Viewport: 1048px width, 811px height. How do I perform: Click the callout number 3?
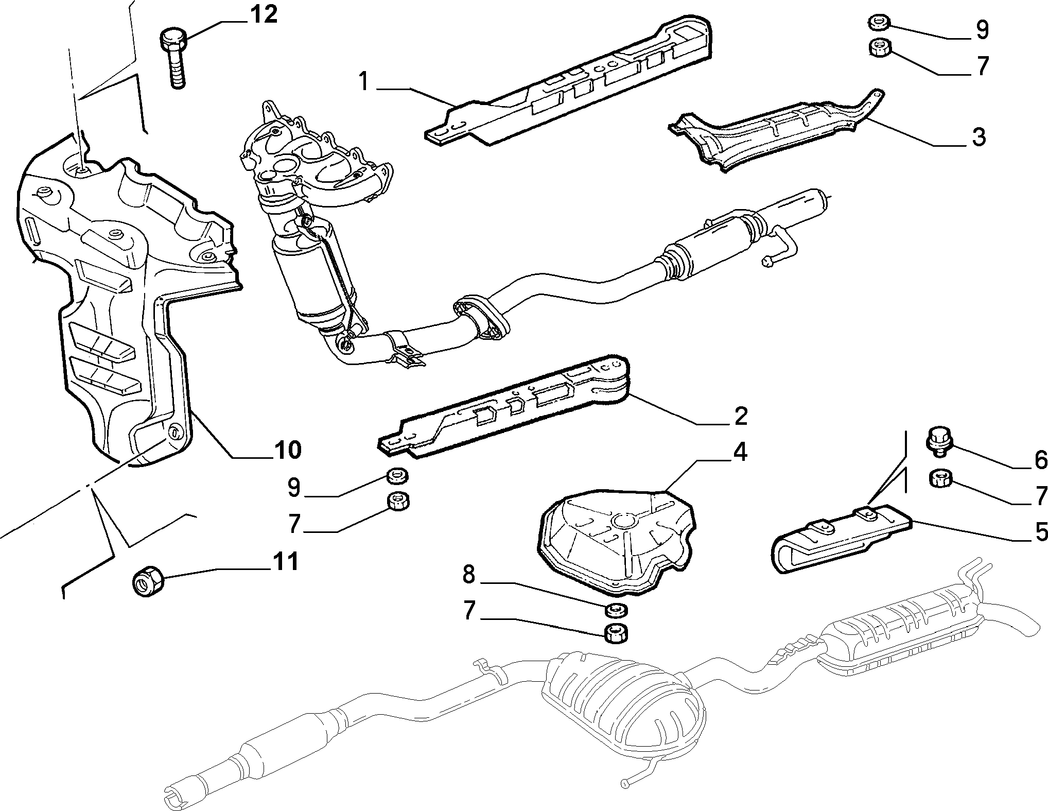pos(978,138)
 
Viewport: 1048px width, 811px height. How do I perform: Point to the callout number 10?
pos(286,450)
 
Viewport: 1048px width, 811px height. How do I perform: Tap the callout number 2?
pos(740,416)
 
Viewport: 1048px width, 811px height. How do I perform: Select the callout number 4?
pos(739,452)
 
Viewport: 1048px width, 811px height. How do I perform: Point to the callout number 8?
pos(468,575)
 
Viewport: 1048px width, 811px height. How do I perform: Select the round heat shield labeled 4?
pos(616,540)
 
